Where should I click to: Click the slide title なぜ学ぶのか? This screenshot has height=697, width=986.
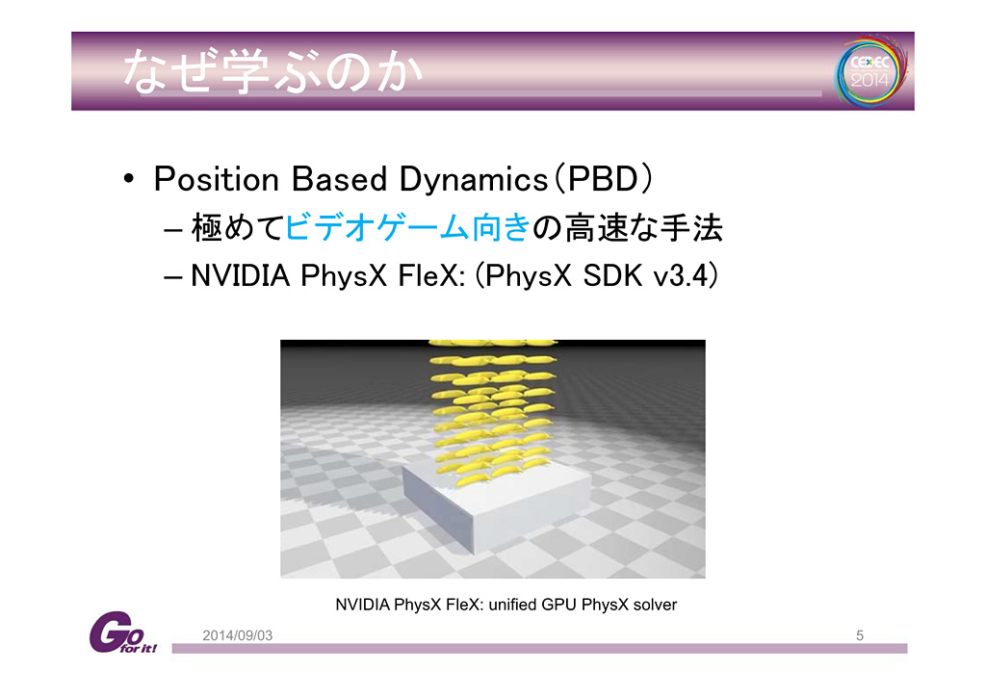pyautogui.click(x=272, y=71)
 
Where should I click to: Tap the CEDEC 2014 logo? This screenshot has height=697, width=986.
pyautogui.click(x=870, y=71)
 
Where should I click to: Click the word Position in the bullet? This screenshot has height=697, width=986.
pyautogui.click(x=217, y=179)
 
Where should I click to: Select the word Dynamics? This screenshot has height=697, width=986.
pyautogui.click(x=474, y=180)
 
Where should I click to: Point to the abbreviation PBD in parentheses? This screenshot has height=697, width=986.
pyautogui.click(x=603, y=179)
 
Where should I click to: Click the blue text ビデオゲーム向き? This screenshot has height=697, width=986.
pyautogui.click(x=408, y=227)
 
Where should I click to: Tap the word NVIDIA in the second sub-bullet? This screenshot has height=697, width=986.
pyautogui.click(x=240, y=275)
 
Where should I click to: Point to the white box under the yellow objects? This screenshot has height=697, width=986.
pyautogui.click(x=496, y=506)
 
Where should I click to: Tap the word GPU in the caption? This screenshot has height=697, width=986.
pyautogui.click(x=558, y=605)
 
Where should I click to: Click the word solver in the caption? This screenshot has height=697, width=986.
pyautogui.click(x=655, y=605)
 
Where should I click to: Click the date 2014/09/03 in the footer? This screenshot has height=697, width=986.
pyautogui.click(x=237, y=635)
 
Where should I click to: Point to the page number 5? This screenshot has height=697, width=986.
pyautogui.click(x=860, y=635)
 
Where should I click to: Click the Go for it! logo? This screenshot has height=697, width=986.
pyautogui.click(x=122, y=632)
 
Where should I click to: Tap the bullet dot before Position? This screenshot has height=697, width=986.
pyautogui.click(x=129, y=179)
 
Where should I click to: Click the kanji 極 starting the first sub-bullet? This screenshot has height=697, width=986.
pyautogui.click(x=207, y=227)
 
